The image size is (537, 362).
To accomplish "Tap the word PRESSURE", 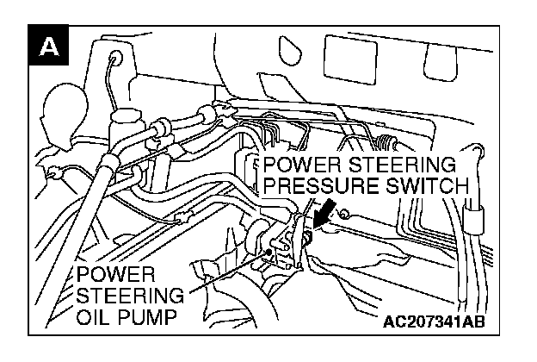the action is [x=326, y=186].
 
